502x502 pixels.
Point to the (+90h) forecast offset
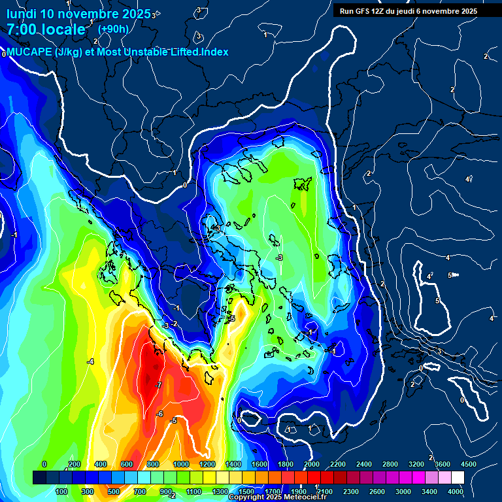pyautogui.click(x=113, y=29)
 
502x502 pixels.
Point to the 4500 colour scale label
pyautogui.click(x=468, y=464)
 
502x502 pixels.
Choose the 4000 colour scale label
pyautogui.click(x=456, y=491)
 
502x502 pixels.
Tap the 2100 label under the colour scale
pyautogui.click(x=326, y=491)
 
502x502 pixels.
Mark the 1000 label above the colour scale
pyautogui.click(x=180, y=464)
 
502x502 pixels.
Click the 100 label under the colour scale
pyautogui.click(x=62, y=491)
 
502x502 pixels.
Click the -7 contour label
pyautogui.click(x=158, y=385)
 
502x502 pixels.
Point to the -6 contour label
pyautogui.click(x=159, y=414)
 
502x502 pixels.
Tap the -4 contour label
pyautogui.click(x=91, y=361)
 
